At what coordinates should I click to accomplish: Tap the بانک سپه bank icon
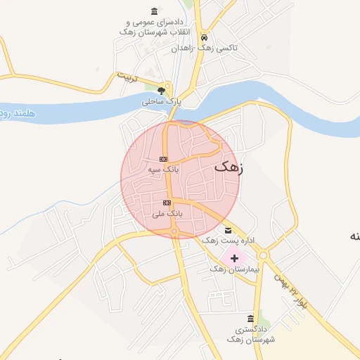click(164, 159)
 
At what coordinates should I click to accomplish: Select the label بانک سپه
click(164, 169)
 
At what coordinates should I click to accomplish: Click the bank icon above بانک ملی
click(167, 202)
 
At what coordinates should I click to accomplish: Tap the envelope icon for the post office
click(227, 231)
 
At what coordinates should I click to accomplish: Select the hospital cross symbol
click(234, 258)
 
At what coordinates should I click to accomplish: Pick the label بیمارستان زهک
click(235, 269)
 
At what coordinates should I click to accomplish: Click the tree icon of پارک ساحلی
click(162, 91)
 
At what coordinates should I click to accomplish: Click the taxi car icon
click(204, 37)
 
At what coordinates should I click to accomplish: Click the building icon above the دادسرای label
click(155, 11)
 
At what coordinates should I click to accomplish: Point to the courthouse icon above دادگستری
click(251, 319)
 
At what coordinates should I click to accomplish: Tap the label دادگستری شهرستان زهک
click(250, 334)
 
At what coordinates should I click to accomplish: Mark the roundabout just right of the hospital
click(264, 255)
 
